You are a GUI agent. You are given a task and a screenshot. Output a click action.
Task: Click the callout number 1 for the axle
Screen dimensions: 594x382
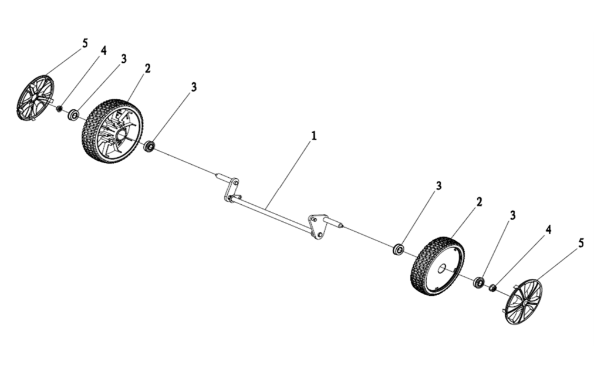(x=313, y=136)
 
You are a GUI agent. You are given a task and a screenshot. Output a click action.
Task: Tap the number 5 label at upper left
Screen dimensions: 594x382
(x=85, y=43)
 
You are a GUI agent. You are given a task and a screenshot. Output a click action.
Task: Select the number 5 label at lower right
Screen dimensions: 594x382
(x=581, y=243)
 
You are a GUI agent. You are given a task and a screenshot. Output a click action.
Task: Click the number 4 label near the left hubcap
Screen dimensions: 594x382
(x=103, y=50)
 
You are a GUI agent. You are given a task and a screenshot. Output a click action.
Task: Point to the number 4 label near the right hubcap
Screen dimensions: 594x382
(x=548, y=229)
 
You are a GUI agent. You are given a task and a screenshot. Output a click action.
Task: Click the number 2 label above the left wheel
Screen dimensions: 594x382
(x=147, y=69)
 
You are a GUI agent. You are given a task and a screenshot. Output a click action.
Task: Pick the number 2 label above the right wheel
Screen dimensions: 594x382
(x=479, y=202)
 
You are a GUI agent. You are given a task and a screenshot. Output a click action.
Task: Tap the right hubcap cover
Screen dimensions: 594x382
(x=524, y=302)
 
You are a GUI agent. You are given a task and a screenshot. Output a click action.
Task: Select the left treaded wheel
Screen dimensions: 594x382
(x=113, y=131)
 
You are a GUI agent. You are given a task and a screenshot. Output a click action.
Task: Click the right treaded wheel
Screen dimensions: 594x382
(x=437, y=266)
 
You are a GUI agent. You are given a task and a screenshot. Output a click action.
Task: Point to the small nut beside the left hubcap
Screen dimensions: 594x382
(x=59, y=109)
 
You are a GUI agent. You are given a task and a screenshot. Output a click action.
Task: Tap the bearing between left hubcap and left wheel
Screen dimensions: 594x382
(x=73, y=114)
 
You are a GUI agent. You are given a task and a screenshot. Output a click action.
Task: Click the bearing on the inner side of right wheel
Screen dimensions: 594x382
(x=398, y=249)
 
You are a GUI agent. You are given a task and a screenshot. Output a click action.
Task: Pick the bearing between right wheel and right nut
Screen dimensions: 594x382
(x=480, y=282)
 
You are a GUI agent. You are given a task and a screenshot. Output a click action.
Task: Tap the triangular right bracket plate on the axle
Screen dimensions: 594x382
(x=318, y=227)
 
